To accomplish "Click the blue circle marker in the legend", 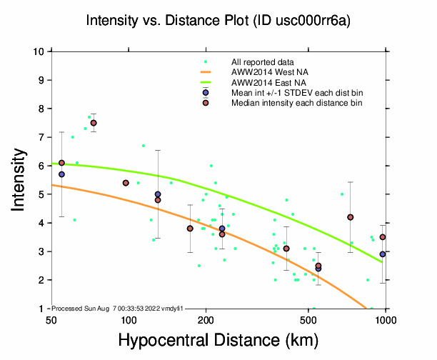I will click(x=206, y=93).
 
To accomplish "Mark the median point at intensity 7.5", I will click(x=94, y=123).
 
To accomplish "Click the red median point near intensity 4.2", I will click(x=351, y=217).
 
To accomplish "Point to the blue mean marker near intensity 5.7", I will click(x=62, y=174).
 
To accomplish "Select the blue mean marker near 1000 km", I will click(x=383, y=254).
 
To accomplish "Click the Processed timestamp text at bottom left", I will click(x=118, y=308).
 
